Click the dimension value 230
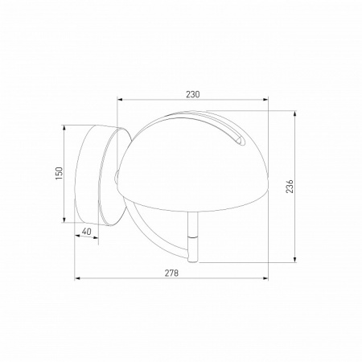(x=192, y=94)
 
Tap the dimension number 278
(x=171, y=274)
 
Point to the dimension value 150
(x=58, y=174)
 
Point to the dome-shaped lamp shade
(x=193, y=161)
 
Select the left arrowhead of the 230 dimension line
(x=121, y=101)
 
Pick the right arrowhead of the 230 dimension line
(x=267, y=101)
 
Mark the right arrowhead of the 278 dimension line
(x=267, y=280)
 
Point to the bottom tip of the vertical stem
(x=192, y=262)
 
